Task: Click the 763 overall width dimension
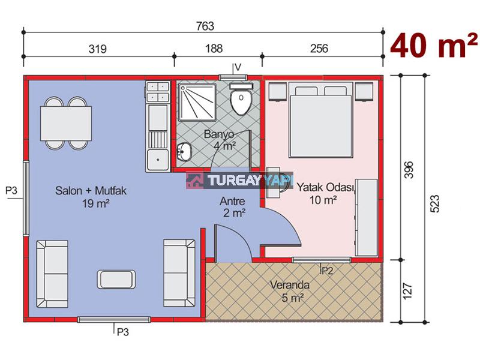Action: point(205,26)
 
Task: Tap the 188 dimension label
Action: point(214,49)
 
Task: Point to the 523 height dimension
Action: point(434,203)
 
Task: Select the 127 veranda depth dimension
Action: point(408,291)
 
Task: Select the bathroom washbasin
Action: point(184,152)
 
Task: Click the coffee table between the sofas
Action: point(116,279)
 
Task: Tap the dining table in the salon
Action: point(66,123)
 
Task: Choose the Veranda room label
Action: point(290,285)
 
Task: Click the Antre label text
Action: point(232,201)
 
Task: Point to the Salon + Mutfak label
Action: point(91,191)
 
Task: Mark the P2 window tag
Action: point(326,271)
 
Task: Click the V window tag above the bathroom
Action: point(238,67)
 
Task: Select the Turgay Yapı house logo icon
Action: point(195,181)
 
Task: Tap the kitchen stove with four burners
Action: point(158,92)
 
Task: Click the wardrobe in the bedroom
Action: point(366,218)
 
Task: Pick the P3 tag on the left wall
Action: point(11,191)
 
